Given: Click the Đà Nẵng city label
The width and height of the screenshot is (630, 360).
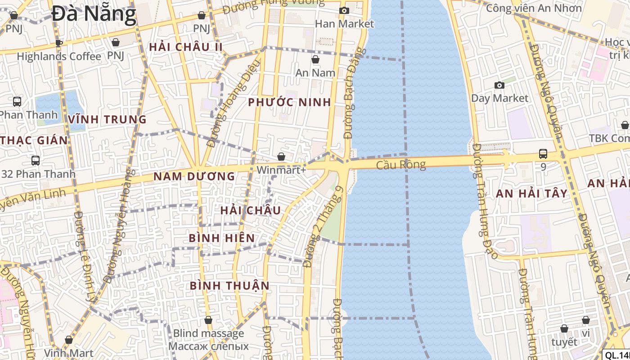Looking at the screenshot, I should (x=94, y=14).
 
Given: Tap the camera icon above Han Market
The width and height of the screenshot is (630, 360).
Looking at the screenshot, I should (x=344, y=10).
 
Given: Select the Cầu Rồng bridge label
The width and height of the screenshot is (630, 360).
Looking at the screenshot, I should (x=400, y=165).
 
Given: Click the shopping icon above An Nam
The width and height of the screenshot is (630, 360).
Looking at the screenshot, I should (x=315, y=59).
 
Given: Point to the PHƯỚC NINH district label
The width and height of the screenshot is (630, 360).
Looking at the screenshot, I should (x=289, y=102).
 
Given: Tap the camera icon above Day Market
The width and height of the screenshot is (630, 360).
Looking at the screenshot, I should (x=499, y=85).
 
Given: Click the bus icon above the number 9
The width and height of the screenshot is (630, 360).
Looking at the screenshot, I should (x=543, y=154).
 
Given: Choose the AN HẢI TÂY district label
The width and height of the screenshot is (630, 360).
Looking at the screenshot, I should (x=531, y=193).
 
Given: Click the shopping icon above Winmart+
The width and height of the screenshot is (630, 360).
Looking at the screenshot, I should (x=281, y=157).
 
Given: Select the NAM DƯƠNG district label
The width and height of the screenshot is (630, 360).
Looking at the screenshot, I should (x=194, y=176).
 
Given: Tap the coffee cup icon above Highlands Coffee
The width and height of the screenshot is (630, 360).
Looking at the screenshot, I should (x=58, y=43).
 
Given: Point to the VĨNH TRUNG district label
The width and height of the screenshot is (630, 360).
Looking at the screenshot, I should (x=108, y=119).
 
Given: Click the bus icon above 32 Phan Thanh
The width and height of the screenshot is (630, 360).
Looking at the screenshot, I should (x=35, y=160).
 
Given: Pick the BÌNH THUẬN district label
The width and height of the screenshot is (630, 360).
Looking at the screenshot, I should (x=229, y=286).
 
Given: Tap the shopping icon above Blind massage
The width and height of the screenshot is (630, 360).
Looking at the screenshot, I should (x=208, y=320).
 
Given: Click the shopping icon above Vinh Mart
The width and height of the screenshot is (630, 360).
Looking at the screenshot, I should (x=69, y=340).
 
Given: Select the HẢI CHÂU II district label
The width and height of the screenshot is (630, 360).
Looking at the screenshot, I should (x=186, y=47).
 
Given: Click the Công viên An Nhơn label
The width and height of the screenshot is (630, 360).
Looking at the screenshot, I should (x=534, y=8).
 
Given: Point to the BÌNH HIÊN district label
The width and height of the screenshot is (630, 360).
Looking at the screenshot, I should (x=221, y=238).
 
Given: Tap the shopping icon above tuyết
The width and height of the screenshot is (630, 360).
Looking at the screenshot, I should (x=564, y=329).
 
